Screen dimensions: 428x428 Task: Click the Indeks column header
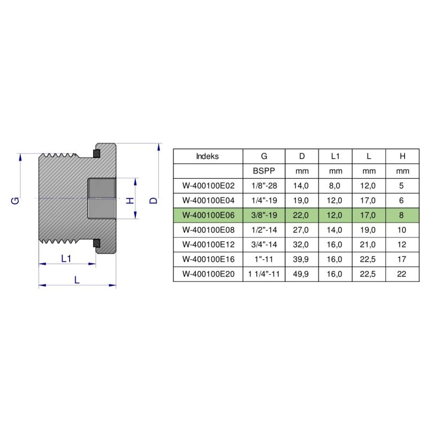tap(208, 156)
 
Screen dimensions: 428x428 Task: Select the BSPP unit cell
tap(264, 171)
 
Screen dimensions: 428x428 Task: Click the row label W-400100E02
tap(208, 186)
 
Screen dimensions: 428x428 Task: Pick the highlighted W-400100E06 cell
tap(208, 215)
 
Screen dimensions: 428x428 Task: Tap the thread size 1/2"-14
tap(264, 230)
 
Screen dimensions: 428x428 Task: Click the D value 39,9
tap(302, 259)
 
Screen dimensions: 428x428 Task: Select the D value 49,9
tap(302, 274)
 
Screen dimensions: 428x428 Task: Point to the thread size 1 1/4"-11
tap(264, 274)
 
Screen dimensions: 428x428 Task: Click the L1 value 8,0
tap(335, 186)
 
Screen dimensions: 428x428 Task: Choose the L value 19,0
tap(369, 230)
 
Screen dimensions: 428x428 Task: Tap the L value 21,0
tap(369, 244)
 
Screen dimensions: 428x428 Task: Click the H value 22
tap(402, 274)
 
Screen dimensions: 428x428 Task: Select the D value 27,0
tap(302, 230)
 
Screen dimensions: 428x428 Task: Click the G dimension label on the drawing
tap(16, 200)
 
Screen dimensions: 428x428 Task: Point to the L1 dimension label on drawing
tap(66, 258)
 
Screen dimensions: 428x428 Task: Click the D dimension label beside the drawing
tap(154, 200)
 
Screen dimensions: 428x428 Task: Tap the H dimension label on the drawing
tap(129, 200)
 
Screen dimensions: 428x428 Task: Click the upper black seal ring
tap(96, 154)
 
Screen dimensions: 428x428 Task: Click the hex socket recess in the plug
tap(102, 198)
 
